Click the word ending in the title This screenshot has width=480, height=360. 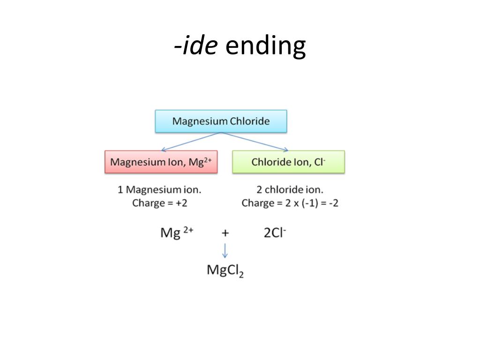(x=265, y=46)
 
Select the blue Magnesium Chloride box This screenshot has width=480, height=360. (x=221, y=121)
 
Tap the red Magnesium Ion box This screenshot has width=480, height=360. (x=161, y=162)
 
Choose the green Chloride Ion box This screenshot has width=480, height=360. (x=288, y=162)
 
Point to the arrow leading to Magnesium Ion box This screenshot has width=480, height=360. (x=190, y=142)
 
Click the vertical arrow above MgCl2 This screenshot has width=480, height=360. (x=225, y=250)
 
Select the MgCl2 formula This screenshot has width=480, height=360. (x=225, y=271)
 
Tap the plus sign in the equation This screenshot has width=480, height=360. (x=225, y=232)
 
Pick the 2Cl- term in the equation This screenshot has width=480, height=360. (x=275, y=232)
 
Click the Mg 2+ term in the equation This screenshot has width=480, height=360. (x=177, y=232)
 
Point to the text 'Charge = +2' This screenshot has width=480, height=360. (x=160, y=203)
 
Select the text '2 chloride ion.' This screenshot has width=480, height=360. (x=290, y=190)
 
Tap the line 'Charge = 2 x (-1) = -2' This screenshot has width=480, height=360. (x=290, y=203)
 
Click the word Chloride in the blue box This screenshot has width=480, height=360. (x=250, y=121)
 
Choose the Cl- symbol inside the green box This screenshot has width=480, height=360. (x=320, y=162)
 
